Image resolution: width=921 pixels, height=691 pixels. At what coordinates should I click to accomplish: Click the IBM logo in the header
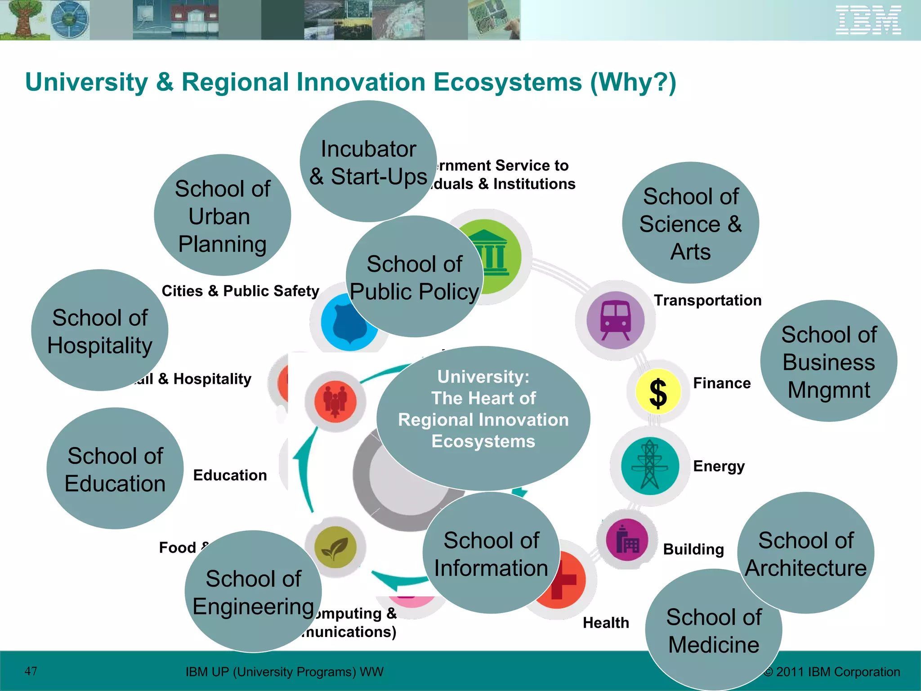(x=868, y=20)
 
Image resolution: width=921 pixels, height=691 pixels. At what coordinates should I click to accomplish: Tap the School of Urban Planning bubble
(x=222, y=216)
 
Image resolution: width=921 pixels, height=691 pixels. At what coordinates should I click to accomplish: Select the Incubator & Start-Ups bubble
(x=368, y=162)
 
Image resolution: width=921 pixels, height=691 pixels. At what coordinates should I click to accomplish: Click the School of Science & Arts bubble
(x=690, y=224)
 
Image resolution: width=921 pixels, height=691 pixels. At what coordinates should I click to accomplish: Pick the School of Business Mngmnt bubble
(x=828, y=362)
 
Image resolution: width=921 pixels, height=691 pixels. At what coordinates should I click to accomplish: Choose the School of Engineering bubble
(x=253, y=592)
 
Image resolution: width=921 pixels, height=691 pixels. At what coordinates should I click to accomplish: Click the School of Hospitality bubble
(x=99, y=331)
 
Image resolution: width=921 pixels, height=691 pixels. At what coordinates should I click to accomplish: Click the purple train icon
(x=615, y=320)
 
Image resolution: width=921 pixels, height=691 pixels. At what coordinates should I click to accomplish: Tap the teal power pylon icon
(x=649, y=466)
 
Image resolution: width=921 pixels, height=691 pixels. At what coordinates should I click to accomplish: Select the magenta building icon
(x=627, y=540)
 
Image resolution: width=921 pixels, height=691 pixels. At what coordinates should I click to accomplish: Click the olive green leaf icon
(x=335, y=547)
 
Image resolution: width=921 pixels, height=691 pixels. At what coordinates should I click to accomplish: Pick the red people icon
(x=335, y=401)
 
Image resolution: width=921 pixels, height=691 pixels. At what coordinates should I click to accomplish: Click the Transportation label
(x=707, y=301)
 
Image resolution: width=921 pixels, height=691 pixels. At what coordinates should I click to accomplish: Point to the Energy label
(x=719, y=467)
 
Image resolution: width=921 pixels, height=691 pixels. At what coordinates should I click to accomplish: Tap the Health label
(x=606, y=623)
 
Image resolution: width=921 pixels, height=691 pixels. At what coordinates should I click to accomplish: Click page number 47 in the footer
(x=31, y=671)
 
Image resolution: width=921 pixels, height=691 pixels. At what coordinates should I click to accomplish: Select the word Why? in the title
(x=633, y=83)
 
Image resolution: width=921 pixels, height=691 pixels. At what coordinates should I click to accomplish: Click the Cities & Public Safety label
(x=240, y=291)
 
